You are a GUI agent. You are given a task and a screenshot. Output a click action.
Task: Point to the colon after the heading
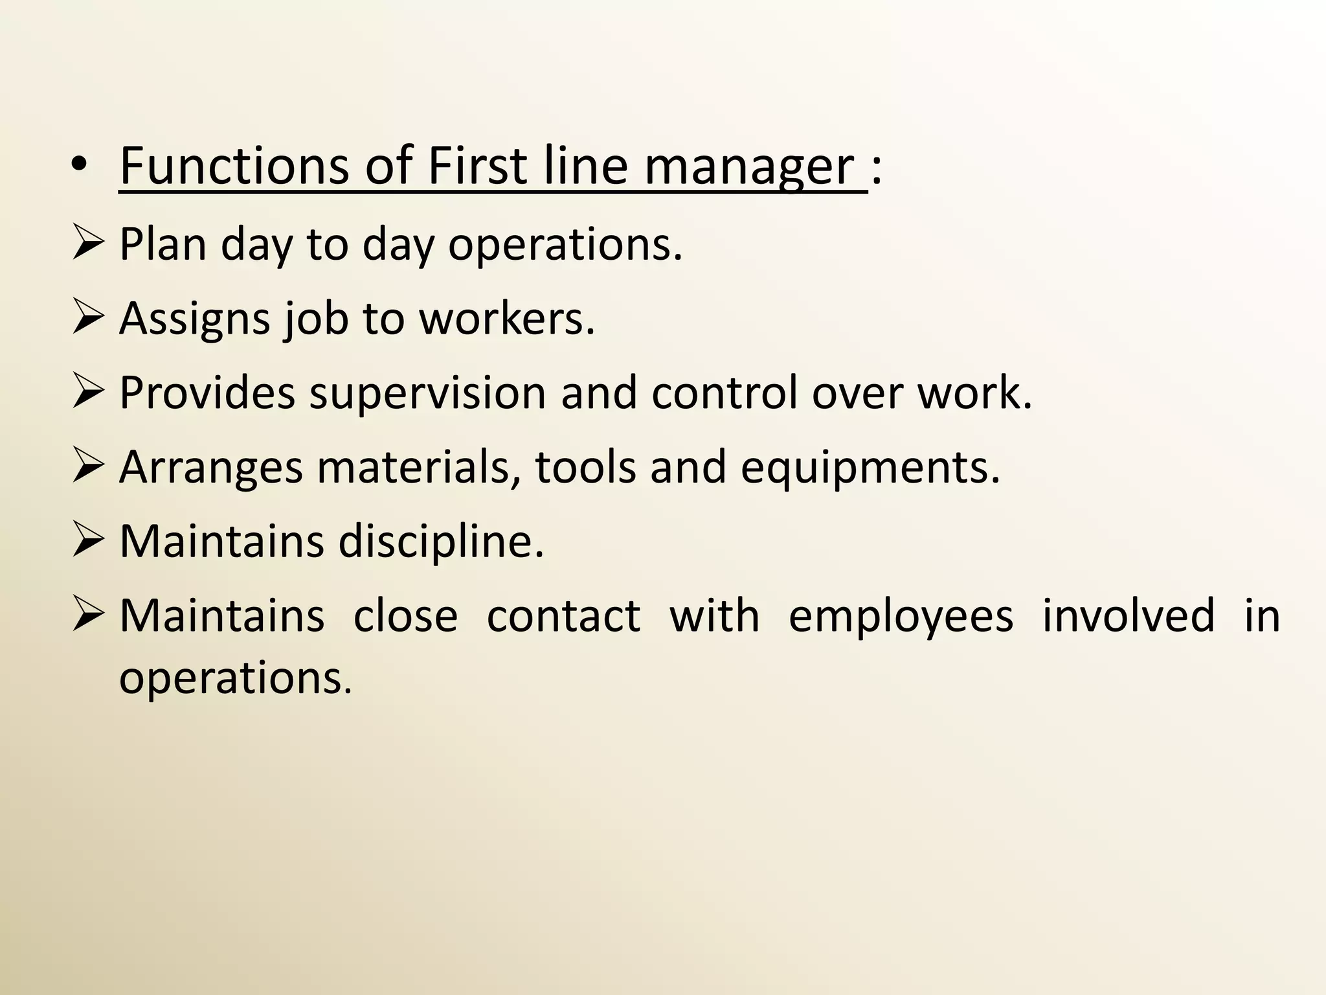pos(876,170)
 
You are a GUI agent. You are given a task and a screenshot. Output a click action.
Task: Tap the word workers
pos(506,319)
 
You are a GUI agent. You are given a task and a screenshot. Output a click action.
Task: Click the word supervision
pos(427,393)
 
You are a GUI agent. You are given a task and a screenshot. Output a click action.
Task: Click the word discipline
pos(440,542)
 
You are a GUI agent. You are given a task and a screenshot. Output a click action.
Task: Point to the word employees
pos(901,616)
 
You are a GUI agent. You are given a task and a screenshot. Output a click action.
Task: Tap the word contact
pos(563,616)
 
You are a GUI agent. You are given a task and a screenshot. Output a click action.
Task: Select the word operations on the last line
pos(235,679)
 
